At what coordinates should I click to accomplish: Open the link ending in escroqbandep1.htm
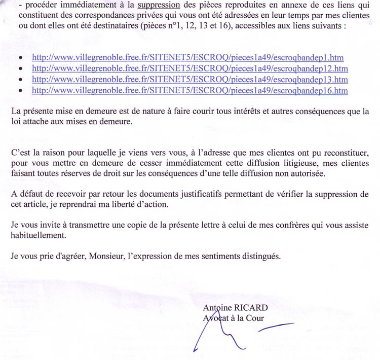point(187,58)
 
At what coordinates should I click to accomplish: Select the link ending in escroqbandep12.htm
point(189,68)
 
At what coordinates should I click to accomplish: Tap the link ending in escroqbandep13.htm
point(189,80)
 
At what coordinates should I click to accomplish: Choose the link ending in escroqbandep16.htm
point(189,90)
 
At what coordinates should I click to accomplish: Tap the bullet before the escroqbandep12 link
point(20,69)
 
